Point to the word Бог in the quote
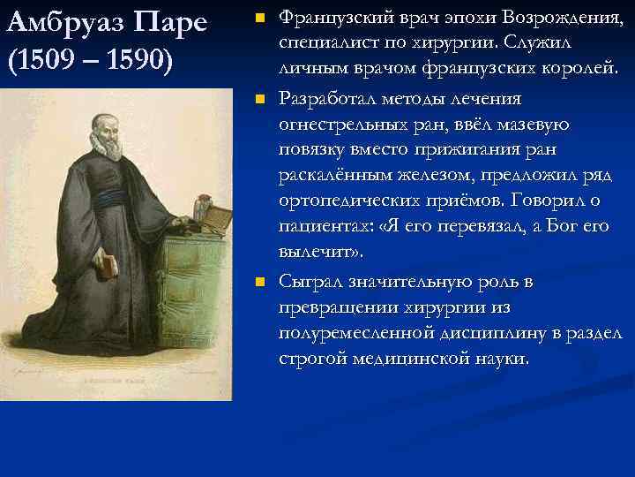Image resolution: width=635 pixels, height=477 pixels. point(561,226)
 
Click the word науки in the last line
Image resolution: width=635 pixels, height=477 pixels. point(500,359)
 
